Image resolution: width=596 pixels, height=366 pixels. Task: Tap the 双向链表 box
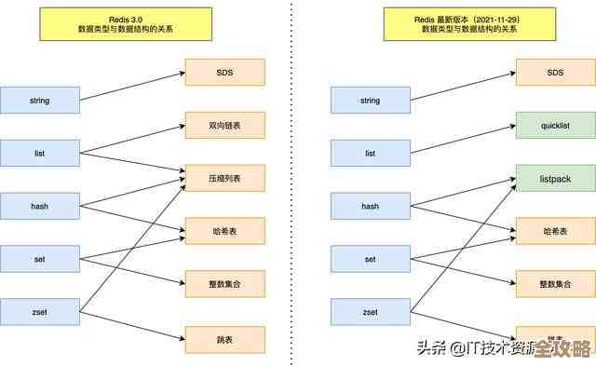224,125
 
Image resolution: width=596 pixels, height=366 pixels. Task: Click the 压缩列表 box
224,178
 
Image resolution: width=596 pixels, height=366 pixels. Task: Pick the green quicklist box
555,125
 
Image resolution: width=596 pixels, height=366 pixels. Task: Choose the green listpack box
555,178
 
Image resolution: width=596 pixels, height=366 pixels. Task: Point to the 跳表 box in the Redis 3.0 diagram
224,339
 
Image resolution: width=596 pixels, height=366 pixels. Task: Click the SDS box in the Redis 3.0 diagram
224,72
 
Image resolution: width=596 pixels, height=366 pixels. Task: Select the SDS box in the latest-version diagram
555,72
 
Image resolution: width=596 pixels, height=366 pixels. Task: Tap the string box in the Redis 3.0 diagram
40,100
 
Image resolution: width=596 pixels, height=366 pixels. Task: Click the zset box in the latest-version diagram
371,312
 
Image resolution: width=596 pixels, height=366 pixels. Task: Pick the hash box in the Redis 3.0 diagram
40,206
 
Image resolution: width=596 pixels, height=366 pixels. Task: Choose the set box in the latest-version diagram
371,259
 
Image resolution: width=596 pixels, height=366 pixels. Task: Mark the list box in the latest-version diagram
371,153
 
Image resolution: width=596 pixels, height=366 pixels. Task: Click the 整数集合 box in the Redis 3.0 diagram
224,284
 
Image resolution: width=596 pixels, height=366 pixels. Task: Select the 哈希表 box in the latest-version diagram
555,231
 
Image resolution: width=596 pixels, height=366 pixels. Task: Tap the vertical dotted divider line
296,186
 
